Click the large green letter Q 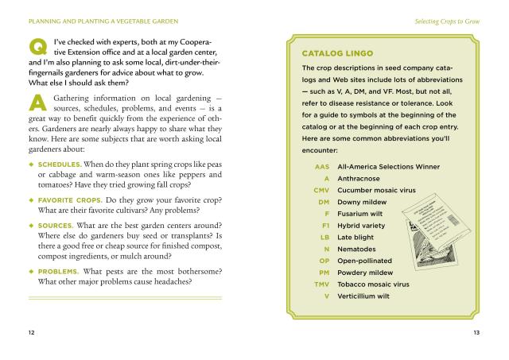tap(37, 48)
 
